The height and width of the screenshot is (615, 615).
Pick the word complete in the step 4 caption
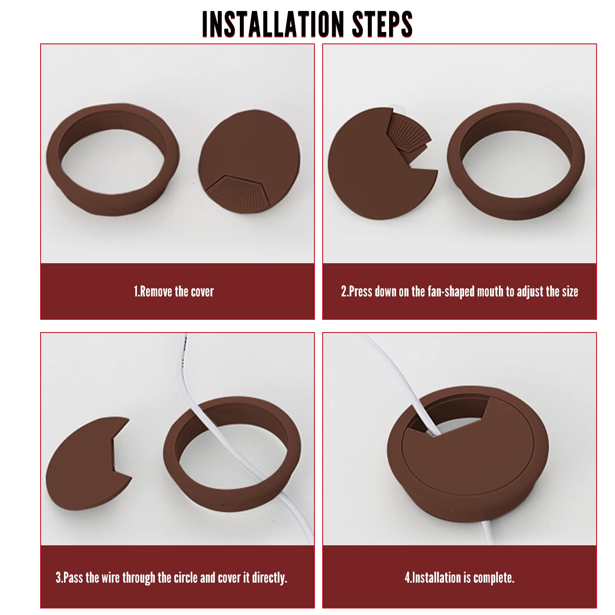[x=494, y=578]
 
